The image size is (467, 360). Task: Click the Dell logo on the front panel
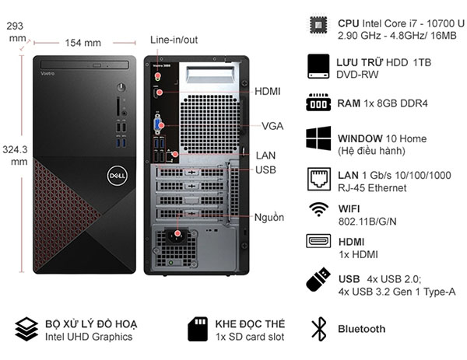[117, 176]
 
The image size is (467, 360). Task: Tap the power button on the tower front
[121, 87]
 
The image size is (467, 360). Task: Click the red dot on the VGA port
[161, 125]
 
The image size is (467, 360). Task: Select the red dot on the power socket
[177, 233]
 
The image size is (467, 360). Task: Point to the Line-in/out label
[174, 40]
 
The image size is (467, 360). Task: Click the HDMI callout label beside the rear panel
[268, 91]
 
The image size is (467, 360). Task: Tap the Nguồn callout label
[269, 218]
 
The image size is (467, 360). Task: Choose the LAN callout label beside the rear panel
[265, 156]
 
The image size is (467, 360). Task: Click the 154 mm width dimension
[83, 43]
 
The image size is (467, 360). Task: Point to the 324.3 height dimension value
[15, 149]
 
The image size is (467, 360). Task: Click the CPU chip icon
[318, 25]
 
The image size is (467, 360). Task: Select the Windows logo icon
[318, 138]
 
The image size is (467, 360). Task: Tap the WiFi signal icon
[318, 209]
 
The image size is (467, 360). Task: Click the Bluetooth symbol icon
[319, 329]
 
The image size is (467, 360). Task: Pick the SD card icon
[198, 329]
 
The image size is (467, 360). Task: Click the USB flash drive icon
[318, 280]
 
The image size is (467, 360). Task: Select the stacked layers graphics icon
[26, 329]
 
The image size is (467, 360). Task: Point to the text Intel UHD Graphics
[89, 337]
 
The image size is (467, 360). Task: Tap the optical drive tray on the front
[85, 65]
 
